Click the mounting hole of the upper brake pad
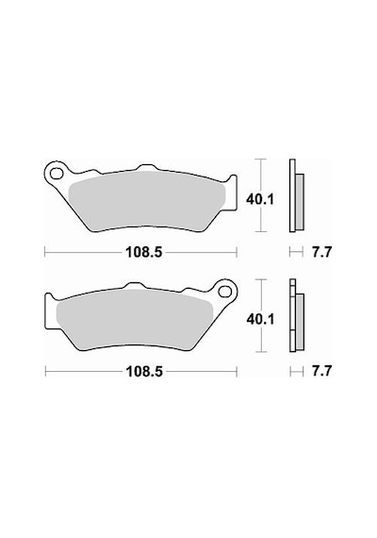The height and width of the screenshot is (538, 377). (57, 174)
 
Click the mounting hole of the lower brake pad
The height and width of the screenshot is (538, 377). (224, 292)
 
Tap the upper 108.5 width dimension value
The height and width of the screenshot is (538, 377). (143, 253)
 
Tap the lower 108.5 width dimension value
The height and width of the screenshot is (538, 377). (144, 371)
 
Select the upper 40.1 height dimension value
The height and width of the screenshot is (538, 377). (260, 199)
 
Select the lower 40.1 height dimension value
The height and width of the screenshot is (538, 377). (260, 319)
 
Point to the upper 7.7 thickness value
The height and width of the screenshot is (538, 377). (321, 253)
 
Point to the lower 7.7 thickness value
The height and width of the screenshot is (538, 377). (321, 371)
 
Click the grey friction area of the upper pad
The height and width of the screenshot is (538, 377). (147, 201)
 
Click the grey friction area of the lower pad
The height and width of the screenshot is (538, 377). (135, 319)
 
